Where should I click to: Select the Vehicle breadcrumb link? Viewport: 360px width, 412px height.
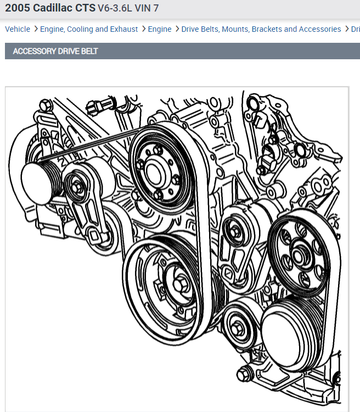pyautogui.click(x=18, y=29)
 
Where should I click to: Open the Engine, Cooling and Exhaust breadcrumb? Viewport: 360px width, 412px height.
pyautogui.click(x=89, y=29)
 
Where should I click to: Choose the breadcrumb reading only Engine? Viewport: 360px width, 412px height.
pyautogui.click(x=160, y=29)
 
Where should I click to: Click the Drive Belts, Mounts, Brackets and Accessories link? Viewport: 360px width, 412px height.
pyautogui.click(x=261, y=29)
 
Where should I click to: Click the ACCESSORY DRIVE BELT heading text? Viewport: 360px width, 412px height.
pyautogui.click(x=55, y=51)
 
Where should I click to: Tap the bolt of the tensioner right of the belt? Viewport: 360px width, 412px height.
pyautogui.click(x=234, y=231)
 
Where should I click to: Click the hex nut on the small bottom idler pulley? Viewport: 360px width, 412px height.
pyautogui.click(x=238, y=328)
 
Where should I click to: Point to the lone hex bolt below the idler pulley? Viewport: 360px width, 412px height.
pyautogui.click(x=244, y=376)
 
